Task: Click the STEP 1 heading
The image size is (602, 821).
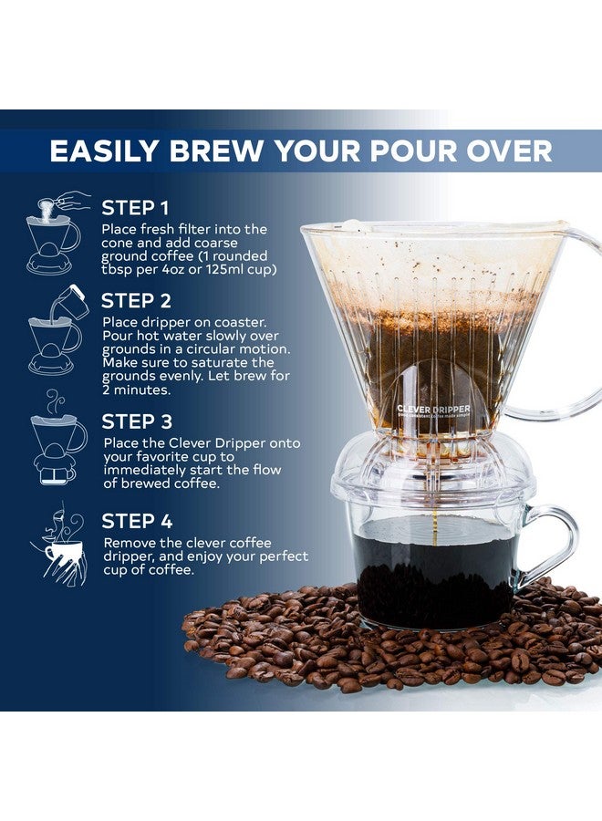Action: [x=135, y=207]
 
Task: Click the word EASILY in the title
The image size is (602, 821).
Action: [x=109, y=150]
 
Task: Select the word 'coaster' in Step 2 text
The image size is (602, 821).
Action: [x=233, y=323]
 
